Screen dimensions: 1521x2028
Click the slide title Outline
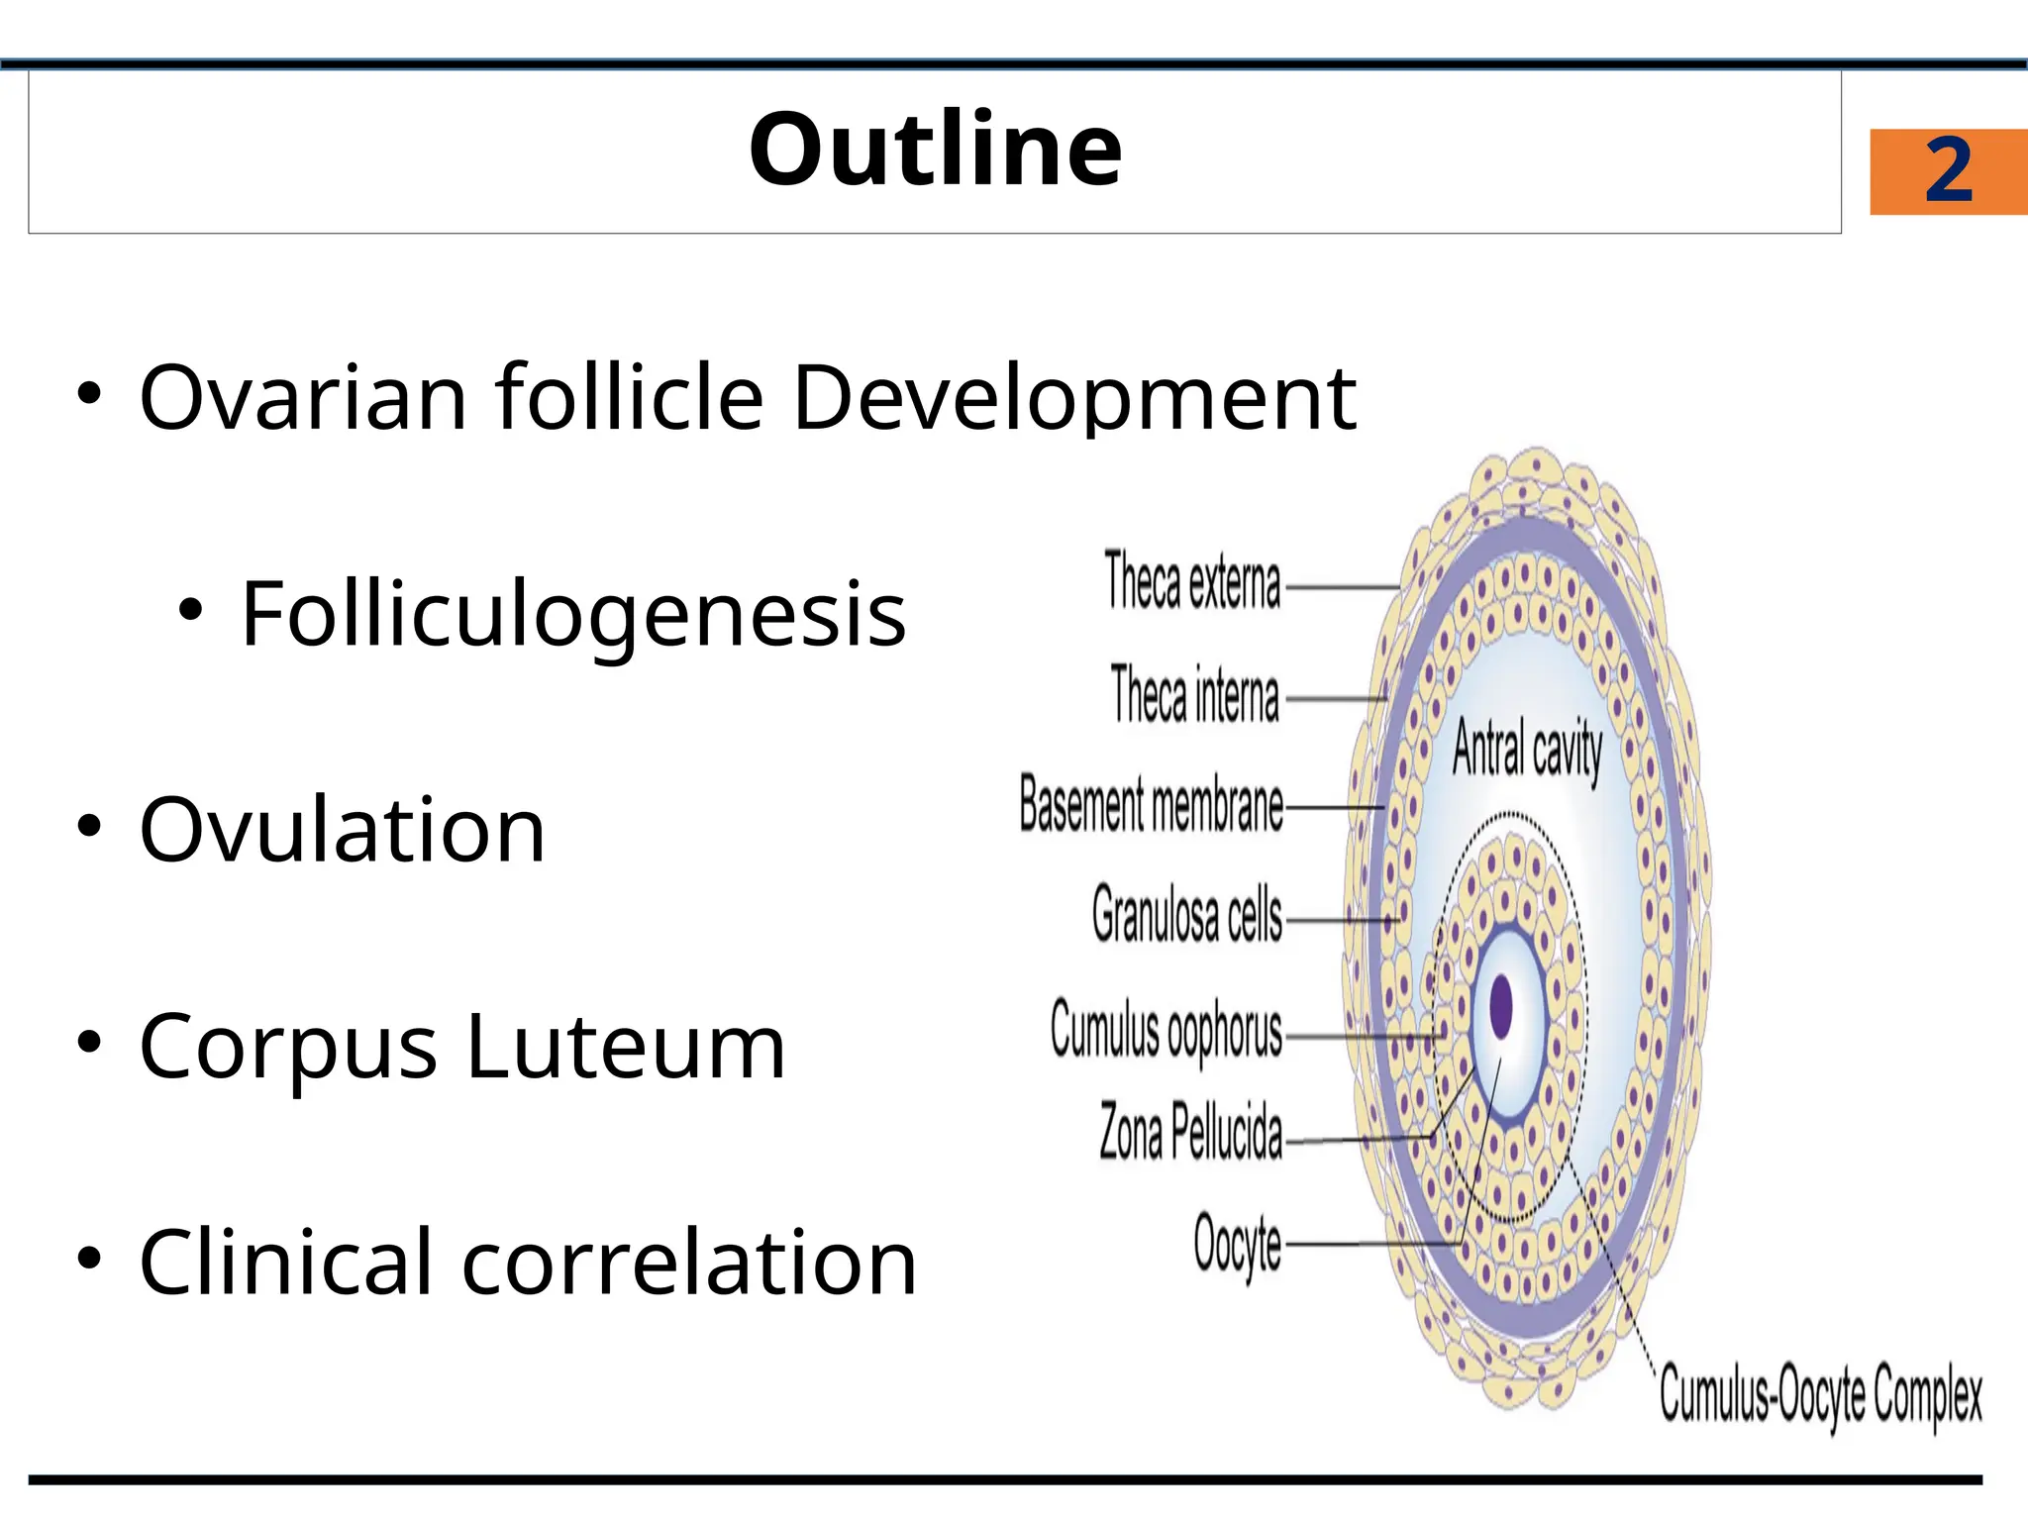pyautogui.click(x=935, y=151)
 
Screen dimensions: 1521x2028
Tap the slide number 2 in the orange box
pyautogui.click(x=1948, y=171)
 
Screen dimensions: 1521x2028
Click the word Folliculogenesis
pyautogui.click(x=573, y=615)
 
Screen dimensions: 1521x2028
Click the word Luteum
pyautogui.click(x=626, y=1047)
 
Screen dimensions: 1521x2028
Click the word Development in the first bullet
pyautogui.click(x=1074, y=398)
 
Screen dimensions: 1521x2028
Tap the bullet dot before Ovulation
pyautogui.click(x=89, y=826)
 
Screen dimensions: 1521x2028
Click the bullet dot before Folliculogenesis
pyautogui.click(x=190, y=609)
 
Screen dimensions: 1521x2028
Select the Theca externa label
pyautogui.click(x=1192, y=581)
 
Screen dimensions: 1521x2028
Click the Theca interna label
pyautogui.click(x=1194, y=695)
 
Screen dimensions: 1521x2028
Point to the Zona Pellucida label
pyautogui.click(x=1190, y=1132)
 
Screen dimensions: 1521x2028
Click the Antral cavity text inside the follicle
pyautogui.click(x=1527, y=750)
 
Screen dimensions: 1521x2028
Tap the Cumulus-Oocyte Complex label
pyautogui.click(x=1820, y=1394)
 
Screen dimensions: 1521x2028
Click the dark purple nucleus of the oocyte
pyautogui.click(x=1502, y=1007)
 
